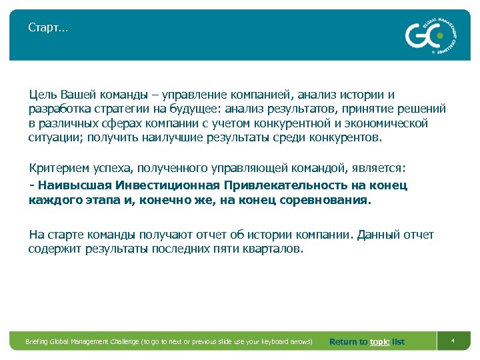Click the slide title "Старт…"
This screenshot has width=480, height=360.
[47, 27]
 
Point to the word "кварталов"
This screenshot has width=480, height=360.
[277, 249]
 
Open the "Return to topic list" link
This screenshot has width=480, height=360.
[367, 342]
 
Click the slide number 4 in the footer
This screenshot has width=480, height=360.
[453, 341]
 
